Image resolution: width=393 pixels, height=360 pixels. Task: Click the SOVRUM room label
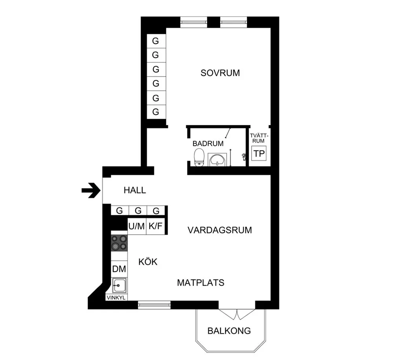[x=220, y=73]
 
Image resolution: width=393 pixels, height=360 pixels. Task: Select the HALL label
[x=135, y=191]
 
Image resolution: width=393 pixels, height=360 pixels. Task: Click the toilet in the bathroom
[x=199, y=157]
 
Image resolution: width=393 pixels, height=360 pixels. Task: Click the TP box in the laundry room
[x=259, y=153]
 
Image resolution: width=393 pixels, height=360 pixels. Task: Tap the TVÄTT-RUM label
[x=259, y=138]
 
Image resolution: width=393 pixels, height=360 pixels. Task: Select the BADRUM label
[x=208, y=144]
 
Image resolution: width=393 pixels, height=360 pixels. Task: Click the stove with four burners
[x=119, y=243]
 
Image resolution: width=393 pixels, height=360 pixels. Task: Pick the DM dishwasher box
[x=119, y=269]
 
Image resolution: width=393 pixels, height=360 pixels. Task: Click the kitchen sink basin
[x=119, y=285]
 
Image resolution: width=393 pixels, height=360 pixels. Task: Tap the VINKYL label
[x=116, y=298]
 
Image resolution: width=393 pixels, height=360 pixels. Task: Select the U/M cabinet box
[x=137, y=226]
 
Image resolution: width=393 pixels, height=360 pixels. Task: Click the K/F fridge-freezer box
[x=156, y=226]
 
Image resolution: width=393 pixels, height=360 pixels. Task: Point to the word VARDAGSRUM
[x=220, y=230]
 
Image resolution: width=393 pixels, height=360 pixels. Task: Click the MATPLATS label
[x=200, y=283]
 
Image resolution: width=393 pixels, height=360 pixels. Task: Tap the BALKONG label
[x=229, y=331]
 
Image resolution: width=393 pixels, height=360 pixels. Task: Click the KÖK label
[x=148, y=262]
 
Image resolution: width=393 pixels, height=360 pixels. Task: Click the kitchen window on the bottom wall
[x=154, y=305]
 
